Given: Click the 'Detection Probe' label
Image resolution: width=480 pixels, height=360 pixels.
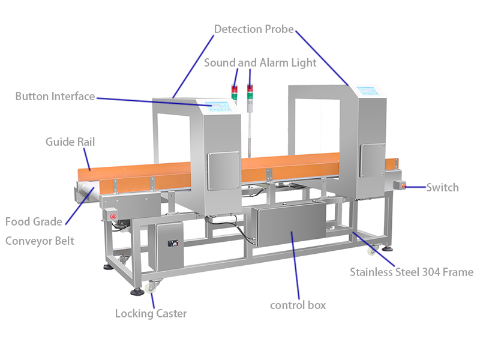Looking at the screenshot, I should pyautogui.click(x=254, y=29).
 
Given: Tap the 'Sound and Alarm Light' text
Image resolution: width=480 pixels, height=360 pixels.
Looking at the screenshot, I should pyautogui.click(x=260, y=62).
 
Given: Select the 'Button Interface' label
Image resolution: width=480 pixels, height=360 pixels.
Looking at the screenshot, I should pyautogui.click(x=55, y=96).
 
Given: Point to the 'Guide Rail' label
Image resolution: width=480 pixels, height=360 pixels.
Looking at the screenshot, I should pyautogui.click(x=70, y=142).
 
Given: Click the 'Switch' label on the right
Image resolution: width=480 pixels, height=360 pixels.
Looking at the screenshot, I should pyautogui.click(x=443, y=187).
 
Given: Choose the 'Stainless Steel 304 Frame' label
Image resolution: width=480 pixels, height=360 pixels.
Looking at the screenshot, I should pyautogui.click(x=412, y=272).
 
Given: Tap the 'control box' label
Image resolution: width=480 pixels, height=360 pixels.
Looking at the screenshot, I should pyautogui.click(x=298, y=305).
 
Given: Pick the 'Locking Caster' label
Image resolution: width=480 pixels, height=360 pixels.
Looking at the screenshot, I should pyautogui.click(x=151, y=313).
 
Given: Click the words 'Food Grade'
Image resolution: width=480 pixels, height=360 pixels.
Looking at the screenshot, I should pyautogui.click(x=34, y=222).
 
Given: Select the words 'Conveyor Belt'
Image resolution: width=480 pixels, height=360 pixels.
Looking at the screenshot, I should pyautogui.click(x=40, y=241).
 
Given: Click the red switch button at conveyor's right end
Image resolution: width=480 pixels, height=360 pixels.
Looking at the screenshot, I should pyautogui.click(x=404, y=187).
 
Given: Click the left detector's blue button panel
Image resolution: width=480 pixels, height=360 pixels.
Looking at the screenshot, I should pyautogui.click(x=217, y=106).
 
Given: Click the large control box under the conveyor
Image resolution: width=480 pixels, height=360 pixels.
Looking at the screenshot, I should pyautogui.click(x=290, y=226).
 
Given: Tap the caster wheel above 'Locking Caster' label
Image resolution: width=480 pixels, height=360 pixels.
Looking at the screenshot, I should pyautogui.click(x=148, y=290).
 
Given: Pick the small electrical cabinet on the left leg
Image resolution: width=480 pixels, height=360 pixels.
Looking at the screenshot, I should pyautogui.click(x=170, y=246).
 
